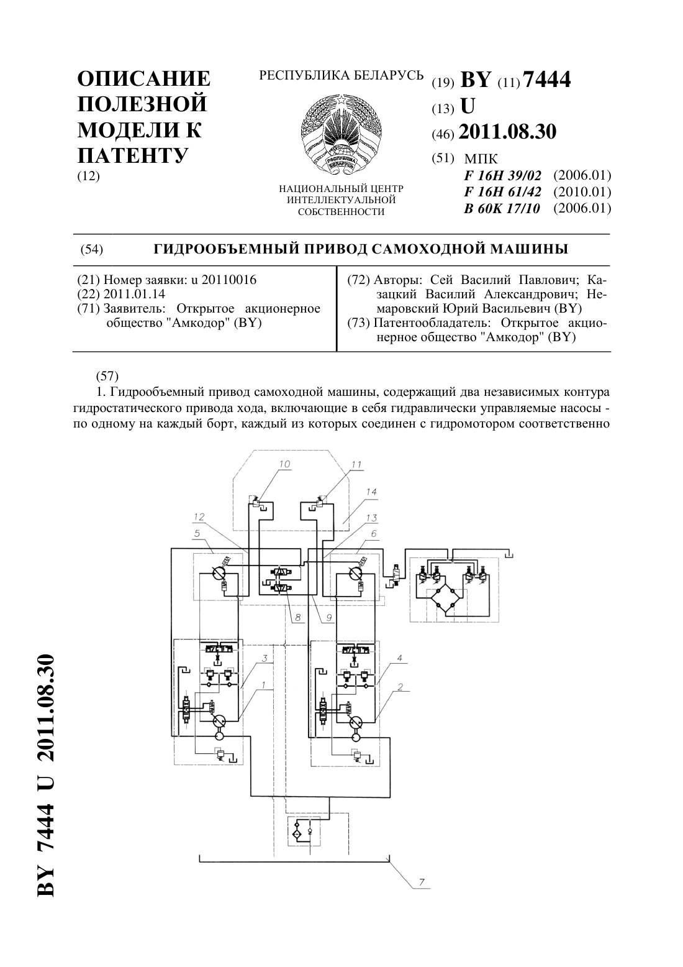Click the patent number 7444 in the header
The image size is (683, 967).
pos(546,80)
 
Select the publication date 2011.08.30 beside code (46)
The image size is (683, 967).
pos(507,132)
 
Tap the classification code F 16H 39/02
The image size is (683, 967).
pos(503,175)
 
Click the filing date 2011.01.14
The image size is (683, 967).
pos(134,295)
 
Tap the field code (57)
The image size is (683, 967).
pos(107,376)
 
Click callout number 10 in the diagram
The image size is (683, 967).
pos(284,464)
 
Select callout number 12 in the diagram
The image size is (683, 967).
pos(199,516)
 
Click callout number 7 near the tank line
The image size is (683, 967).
pos(422,882)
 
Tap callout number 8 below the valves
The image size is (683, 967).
pos(297,618)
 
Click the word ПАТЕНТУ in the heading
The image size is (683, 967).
pos(133,155)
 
